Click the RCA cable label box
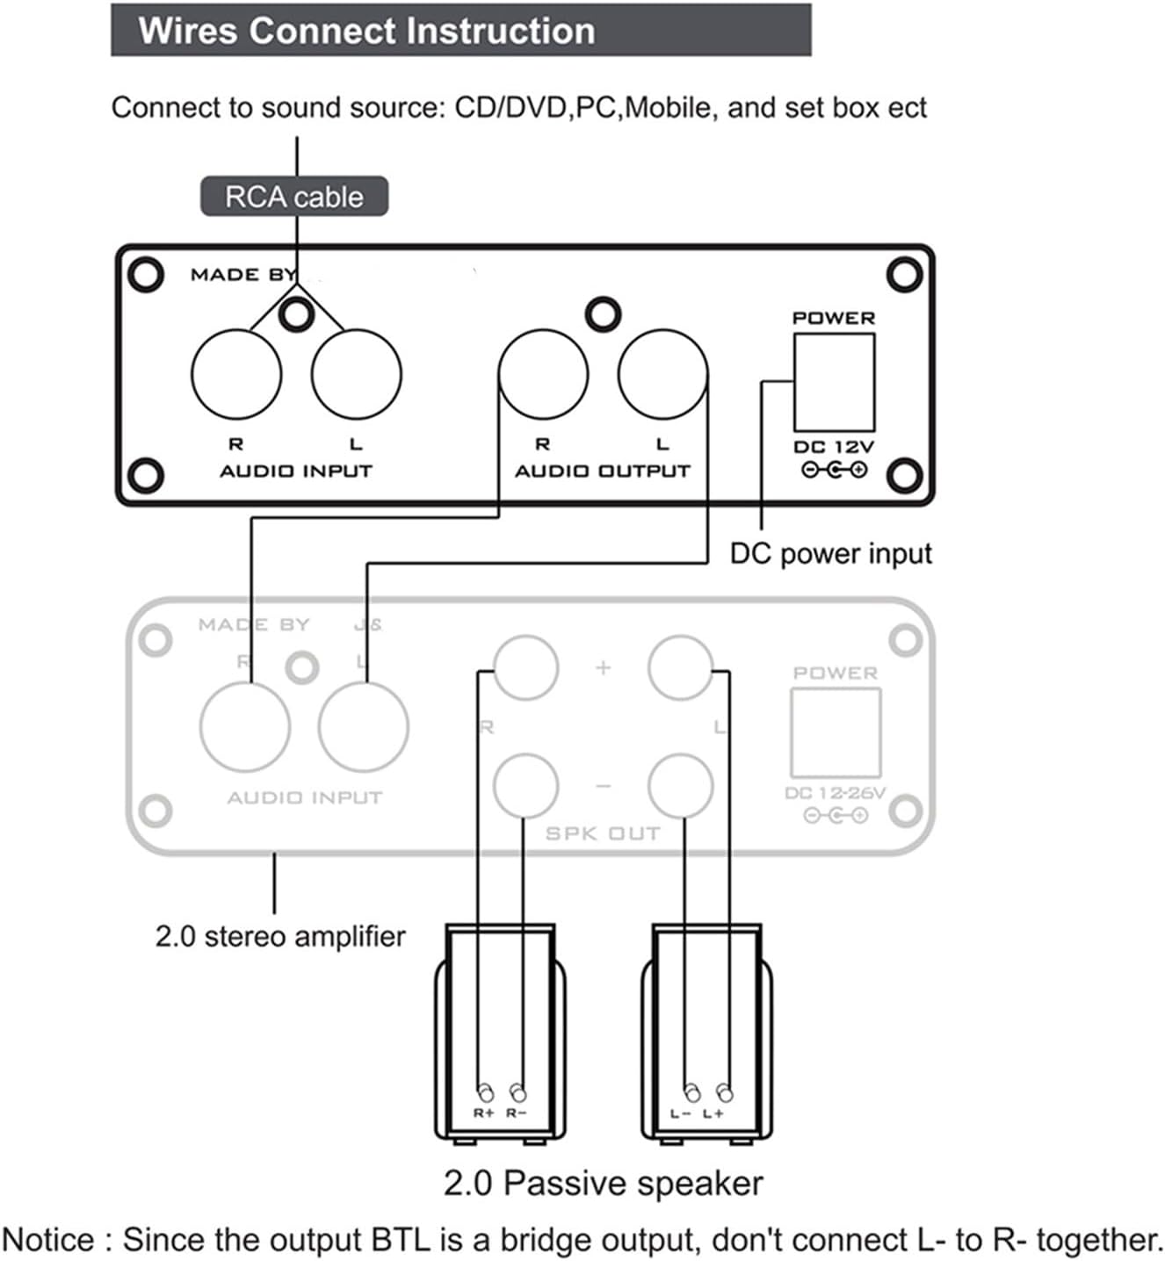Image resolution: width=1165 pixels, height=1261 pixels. tap(293, 197)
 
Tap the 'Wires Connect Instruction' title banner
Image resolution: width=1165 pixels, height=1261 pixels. tap(460, 31)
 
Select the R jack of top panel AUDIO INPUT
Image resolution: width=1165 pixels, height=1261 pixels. tap(236, 374)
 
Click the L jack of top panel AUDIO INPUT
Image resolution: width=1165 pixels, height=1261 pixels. tap(356, 374)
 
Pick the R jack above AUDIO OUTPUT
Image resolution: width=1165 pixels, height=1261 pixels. tap(543, 374)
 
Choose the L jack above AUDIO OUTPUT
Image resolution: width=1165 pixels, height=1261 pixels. tap(662, 374)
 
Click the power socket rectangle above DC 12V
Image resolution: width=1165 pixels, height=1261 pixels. tap(834, 382)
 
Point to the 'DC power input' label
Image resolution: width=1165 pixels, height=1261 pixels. tap(830, 554)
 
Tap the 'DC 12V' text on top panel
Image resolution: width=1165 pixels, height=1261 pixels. tap(834, 447)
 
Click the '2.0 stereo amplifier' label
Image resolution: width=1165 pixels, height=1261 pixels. tap(280, 936)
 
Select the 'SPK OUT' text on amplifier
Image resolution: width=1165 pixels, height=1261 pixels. tap(603, 833)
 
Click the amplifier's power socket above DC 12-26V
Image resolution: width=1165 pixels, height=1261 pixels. tap(836, 732)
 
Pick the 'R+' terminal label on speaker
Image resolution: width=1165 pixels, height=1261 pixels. tap(484, 1113)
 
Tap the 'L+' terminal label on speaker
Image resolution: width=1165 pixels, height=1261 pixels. tap(713, 1113)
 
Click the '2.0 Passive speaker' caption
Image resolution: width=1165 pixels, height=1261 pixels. tap(603, 1184)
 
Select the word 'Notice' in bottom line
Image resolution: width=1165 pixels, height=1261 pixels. tap(49, 1240)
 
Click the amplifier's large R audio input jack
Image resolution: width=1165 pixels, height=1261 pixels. tap(245, 727)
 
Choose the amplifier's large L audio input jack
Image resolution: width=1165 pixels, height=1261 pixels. tap(364, 727)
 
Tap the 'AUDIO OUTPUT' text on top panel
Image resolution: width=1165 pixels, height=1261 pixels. tap(603, 472)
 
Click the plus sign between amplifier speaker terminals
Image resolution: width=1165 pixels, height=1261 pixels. tap(603, 667)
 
